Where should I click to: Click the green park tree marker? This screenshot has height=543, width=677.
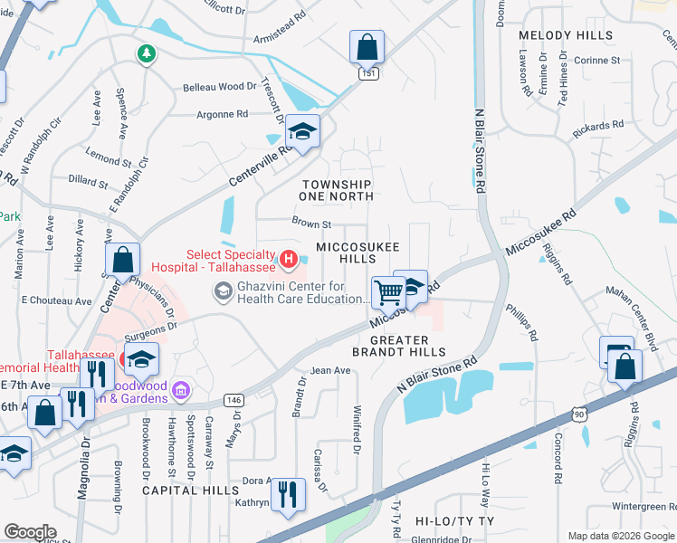145,55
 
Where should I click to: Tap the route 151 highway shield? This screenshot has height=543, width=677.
367,73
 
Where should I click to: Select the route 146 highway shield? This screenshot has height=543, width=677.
233,398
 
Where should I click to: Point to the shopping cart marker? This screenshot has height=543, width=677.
388,292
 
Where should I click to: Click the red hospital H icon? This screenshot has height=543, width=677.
288,262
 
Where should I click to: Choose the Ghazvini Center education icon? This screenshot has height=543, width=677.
222,291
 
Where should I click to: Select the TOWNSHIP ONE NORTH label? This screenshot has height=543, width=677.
337,189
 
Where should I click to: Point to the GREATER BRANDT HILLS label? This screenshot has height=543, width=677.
398,344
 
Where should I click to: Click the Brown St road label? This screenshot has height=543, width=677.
311,222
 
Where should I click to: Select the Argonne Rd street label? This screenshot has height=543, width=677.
223,115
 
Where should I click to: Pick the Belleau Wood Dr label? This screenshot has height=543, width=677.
220,86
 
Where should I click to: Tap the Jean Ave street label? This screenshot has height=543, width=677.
329,370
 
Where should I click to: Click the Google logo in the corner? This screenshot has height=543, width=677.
31,532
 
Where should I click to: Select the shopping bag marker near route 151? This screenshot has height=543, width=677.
367,46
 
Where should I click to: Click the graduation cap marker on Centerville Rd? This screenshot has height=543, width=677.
303,133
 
